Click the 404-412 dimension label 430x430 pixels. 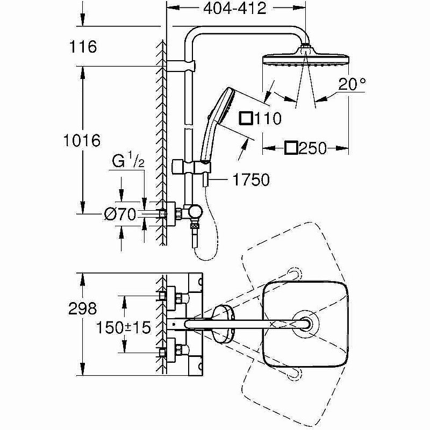[x=234, y=9]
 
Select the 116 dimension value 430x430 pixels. [x=83, y=47]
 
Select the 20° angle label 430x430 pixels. [x=352, y=84]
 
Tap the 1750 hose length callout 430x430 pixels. [x=251, y=180]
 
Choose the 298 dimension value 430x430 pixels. [x=83, y=309]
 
